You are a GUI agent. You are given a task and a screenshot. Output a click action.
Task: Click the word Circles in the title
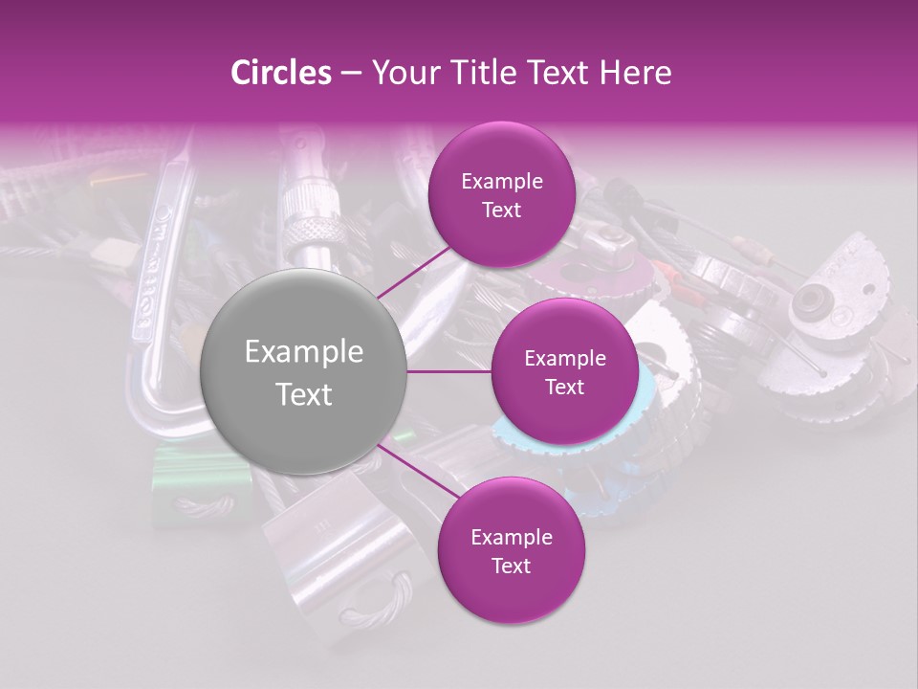click(x=280, y=73)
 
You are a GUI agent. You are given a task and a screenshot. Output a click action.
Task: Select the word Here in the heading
click(x=637, y=73)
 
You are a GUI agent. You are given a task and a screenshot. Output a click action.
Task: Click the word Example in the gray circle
click(x=304, y=352)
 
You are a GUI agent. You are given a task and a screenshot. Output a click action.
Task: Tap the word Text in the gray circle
click(x=304, y=394)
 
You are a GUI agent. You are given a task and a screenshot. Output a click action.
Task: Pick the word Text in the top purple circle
click(x=501, y=211)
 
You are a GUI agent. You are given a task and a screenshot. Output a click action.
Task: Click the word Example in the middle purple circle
click(x=564, y=359)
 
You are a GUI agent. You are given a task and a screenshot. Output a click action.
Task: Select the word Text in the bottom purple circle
click(x=511, y=566)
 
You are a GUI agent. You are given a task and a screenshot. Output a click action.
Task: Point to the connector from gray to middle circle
click(x=449, y=371)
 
